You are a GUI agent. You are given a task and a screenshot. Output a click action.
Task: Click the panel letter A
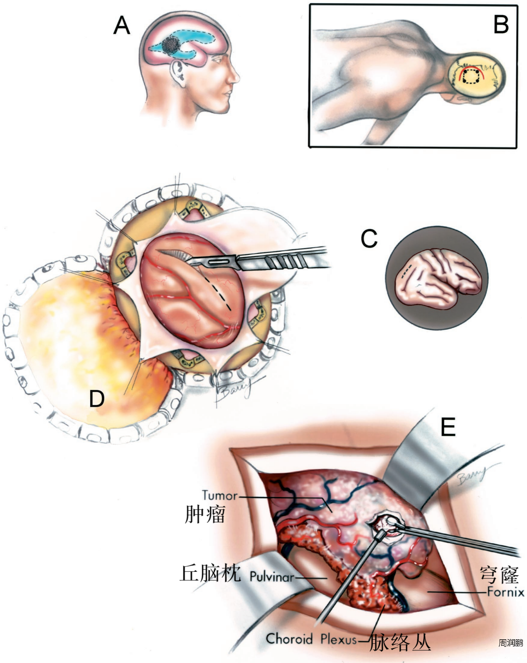click(x=122, y=25)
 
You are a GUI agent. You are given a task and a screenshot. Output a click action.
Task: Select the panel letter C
click(x=369, y=239)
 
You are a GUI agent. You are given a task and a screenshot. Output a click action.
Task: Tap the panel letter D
click(x=97, y=399)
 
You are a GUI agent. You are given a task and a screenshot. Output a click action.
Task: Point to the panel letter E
click(x=448, y=427)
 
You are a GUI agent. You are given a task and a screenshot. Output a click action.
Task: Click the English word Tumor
click(x=220, y=495)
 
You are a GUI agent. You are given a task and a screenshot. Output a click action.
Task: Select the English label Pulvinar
click(x=271, y=577)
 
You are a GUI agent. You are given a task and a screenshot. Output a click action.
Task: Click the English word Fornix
click(x=505, y=591)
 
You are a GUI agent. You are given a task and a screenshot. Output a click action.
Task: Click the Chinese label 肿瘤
click(x=205, y=515)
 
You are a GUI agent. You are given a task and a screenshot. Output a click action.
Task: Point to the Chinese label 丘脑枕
click(x=210, y=573)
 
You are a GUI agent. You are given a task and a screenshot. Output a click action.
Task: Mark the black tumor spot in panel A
click(x=171, y=45)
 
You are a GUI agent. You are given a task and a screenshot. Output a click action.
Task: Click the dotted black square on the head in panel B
click(x=471, y=77)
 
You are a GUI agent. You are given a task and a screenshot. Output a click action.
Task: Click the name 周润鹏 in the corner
click(x=511, y=643)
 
